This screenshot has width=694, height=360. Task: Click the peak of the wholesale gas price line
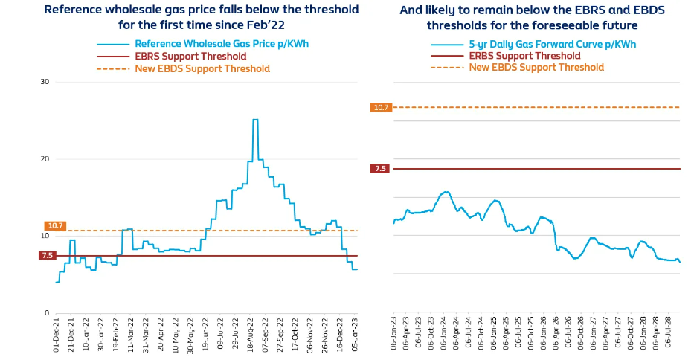point(255,120)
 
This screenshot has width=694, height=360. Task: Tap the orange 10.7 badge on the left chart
point(55,225)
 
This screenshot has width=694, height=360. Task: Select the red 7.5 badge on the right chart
point(380,169)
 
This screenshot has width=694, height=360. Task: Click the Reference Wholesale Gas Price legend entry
point(221,44)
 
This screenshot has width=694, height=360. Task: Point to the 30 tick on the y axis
point(45,82)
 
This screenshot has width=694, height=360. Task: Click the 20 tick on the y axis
point(45,159)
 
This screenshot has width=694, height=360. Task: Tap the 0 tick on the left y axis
point(47,313)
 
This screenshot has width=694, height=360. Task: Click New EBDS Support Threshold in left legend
point(202,68)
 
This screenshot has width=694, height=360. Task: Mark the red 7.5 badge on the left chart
point(48,256)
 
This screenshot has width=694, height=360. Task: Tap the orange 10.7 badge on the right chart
point(381,107)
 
